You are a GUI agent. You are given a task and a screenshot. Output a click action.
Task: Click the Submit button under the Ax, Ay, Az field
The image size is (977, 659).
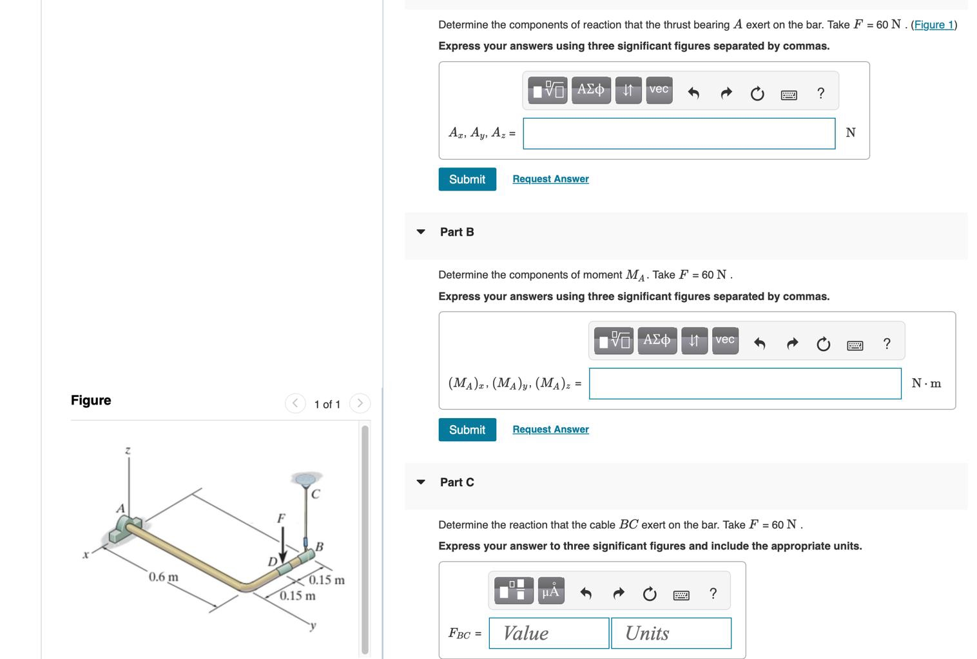(467, 179)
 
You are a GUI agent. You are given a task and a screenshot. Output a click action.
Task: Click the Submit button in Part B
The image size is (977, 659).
(467, 430)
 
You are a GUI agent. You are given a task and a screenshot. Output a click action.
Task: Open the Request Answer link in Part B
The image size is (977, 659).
(550, 430)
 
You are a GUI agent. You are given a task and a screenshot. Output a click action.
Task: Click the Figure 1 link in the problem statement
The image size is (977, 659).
(933, 24)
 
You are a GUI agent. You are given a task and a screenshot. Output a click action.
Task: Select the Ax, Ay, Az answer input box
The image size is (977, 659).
(679, 133)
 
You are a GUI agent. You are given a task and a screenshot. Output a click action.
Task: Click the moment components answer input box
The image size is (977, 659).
(744, 384)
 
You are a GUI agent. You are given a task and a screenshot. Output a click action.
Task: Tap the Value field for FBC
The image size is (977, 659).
(548, 633)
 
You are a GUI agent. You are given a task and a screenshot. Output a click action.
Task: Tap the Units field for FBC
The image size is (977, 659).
(671, 633)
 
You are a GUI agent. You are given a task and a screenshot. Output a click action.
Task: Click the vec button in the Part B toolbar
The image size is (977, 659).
(725, 340)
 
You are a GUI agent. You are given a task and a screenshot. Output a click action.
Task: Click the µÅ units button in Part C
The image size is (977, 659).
(550, 591)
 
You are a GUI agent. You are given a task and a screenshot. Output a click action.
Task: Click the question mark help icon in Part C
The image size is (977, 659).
(713, 593)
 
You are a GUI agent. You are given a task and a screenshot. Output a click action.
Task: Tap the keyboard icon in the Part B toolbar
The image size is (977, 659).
(855, 345)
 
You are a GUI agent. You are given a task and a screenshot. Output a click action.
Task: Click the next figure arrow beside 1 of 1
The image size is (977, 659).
(360, 404)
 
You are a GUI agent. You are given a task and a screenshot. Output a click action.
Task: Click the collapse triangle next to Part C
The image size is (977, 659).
(421, 482)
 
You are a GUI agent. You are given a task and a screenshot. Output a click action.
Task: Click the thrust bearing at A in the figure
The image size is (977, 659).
(126, 529)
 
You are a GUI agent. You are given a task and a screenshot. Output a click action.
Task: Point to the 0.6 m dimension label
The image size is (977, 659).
(164, 577)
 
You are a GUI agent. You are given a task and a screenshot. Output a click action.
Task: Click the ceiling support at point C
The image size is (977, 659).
(306, 479)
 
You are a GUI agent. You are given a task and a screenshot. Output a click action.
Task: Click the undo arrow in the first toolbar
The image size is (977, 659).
(693, 94)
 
